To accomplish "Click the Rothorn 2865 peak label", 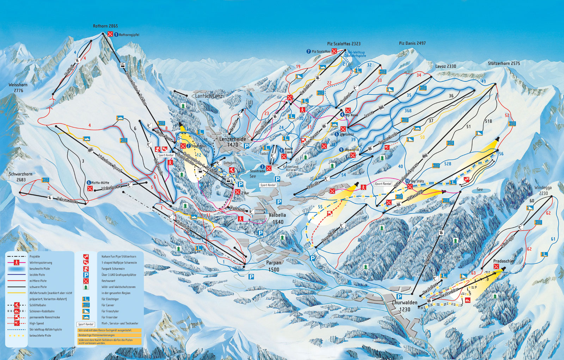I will coord(105,26).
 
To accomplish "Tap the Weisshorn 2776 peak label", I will coord(18,88).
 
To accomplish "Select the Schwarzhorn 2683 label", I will coord(20,177).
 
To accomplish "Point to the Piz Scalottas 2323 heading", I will coord(344,44).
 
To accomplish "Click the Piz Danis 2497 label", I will coord(412,43).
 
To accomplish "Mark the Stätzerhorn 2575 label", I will coord(504,63).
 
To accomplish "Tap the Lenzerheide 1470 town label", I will coord(233,142).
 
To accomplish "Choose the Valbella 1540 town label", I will coord(277,218).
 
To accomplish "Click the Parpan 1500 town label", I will coord(274,266).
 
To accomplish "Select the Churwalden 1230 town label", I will coord(405,306).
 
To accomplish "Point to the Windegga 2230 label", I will coord(543,191).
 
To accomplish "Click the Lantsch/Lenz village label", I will coord(209,96).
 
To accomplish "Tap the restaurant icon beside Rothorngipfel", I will coord(110,34).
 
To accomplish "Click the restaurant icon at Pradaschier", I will coord(497,267).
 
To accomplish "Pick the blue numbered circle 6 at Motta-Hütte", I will coord(88,183).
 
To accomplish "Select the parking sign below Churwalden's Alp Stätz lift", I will coord(399,297).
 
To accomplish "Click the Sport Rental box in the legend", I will coord(86,324).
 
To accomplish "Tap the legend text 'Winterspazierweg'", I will coord(41,263).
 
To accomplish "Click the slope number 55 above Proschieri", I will coord(320,207).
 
